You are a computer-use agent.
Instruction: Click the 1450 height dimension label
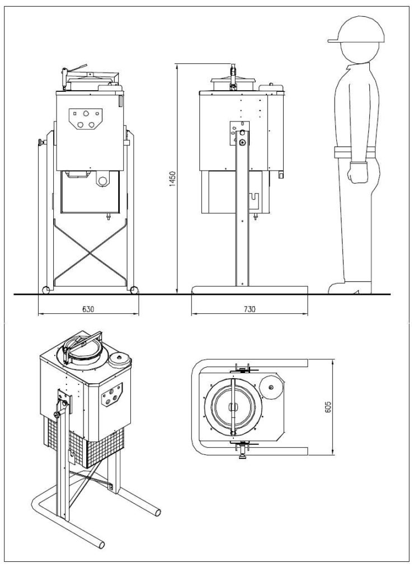click(173, 179)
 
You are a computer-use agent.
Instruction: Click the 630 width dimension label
click(88, 309)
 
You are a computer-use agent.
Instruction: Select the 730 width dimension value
click(249, 309)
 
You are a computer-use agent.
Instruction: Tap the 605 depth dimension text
click(327, 407)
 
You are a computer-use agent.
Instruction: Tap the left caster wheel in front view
click(46, 290)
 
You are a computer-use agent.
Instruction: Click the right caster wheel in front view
click(134, 290)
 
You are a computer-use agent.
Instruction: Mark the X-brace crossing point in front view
click(90, 252)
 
